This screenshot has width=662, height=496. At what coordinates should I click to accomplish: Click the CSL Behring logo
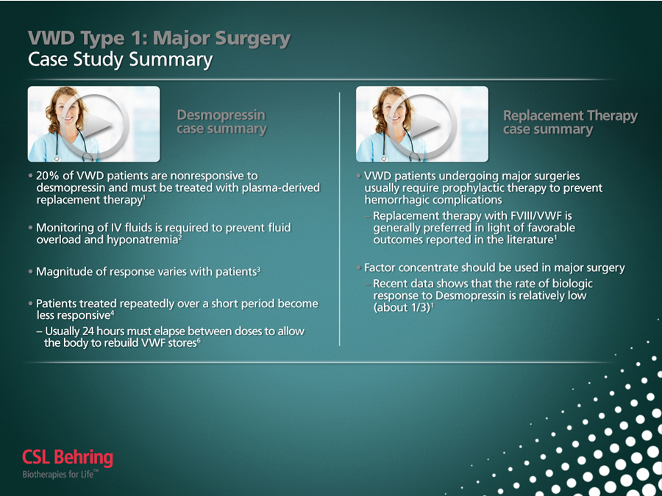68,458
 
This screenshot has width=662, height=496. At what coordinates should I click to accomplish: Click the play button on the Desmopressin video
96,124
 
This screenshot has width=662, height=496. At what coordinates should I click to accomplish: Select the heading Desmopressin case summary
221,122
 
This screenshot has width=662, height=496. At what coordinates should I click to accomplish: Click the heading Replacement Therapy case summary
570,122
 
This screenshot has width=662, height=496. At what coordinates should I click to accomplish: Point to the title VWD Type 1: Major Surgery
159,38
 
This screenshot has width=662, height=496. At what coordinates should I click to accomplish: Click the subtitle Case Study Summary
121,60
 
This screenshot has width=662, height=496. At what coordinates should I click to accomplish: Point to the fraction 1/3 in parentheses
420,307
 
